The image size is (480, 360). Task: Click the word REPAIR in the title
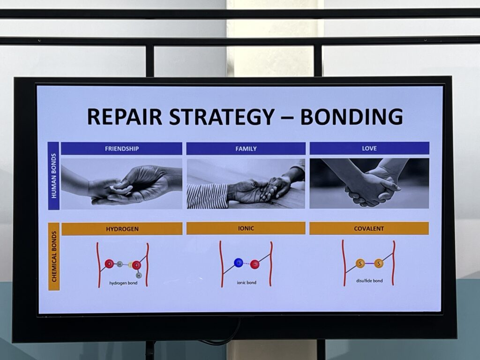point(125,117)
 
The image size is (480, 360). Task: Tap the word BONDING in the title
point(352,117)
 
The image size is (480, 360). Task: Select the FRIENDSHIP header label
point(122,149)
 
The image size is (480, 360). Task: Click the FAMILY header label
point(246,149)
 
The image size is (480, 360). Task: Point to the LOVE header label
point(369,149)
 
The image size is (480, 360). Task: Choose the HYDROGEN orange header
point(122,229)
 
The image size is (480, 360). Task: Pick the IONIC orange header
point(246,228)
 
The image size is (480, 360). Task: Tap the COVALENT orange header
point(369,228)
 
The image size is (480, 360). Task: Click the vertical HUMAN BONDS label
point(54,176)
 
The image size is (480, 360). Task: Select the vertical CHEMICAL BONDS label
point(54,256)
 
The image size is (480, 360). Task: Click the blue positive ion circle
point(239,262)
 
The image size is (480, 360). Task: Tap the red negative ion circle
point(255,264)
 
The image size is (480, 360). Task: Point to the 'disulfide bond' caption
point(369,281)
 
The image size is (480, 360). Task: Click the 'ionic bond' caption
point(247,283)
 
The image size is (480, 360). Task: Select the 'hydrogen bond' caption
point(123,283)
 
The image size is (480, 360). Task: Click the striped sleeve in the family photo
point(208,195)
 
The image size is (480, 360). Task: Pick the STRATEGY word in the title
point(222,117)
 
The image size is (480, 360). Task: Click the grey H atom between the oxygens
point(120,264)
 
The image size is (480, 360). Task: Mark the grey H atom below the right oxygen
point(139,275)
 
